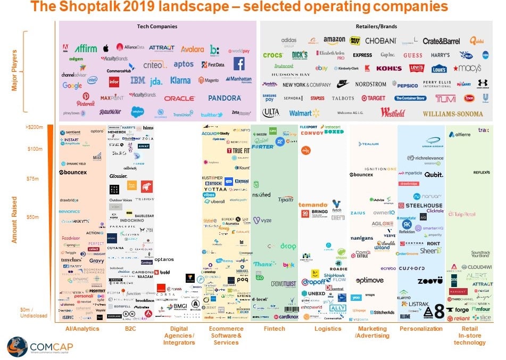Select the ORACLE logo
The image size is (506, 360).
pyautogui.click(x=179, y=99)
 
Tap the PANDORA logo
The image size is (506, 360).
pyautogui.click(x=225, y=98)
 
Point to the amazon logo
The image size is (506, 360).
pyautogui.click(x=334, y=40)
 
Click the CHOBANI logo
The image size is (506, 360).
pyautogui.click(x=380, y=41)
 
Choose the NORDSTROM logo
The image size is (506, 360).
pyautogui.click(x=370, y=84)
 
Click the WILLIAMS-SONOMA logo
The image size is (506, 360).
pyautogui.click(x=453, y=113)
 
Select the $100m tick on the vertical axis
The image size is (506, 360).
pyautogui.click(x=35, y=149)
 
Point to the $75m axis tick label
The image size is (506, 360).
pyautogui.click(x=33, y=178)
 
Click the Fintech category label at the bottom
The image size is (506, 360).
pyautogui.click(x=274, y=329)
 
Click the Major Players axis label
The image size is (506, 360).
pyautogui.click(x=15, y=70)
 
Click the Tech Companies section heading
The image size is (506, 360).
pyautogui.click(x=158, y=27)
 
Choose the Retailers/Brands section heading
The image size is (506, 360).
pyautogui.click(x=376, y=27)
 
